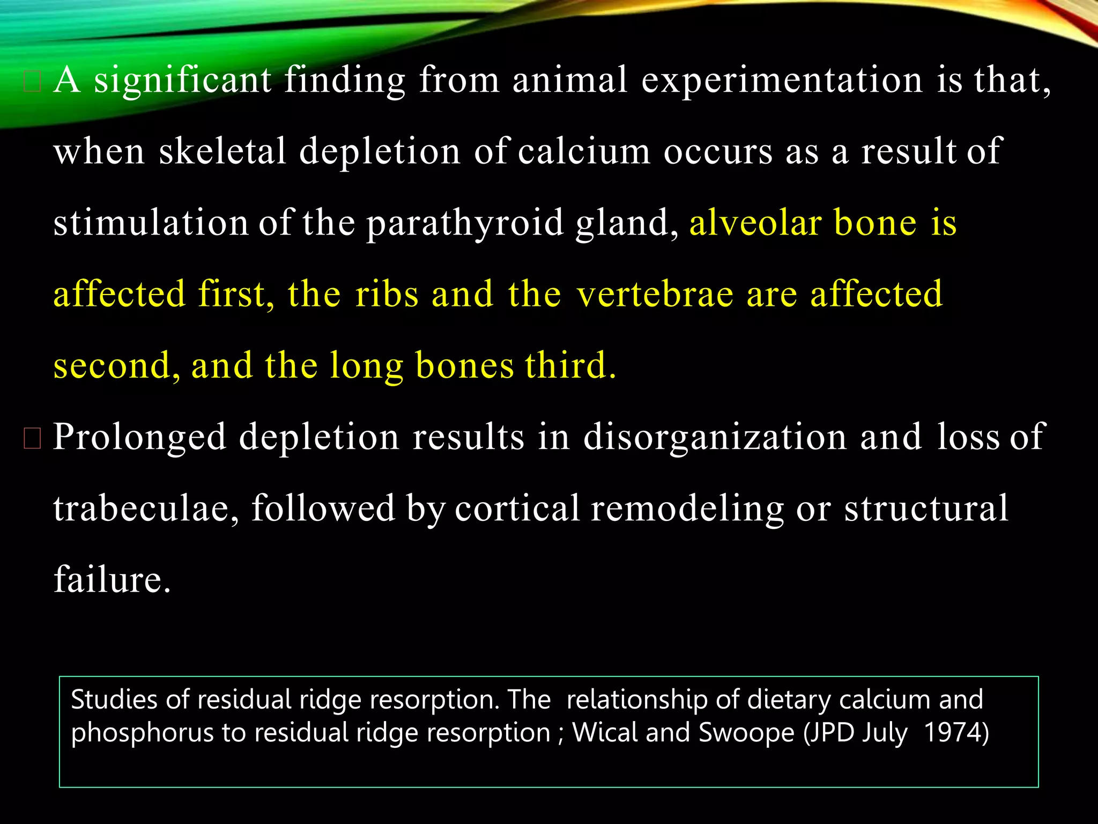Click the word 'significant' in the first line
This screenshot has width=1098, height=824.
(182, 80)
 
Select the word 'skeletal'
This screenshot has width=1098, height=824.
(222, 151)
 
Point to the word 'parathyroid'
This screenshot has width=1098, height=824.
(465, 223)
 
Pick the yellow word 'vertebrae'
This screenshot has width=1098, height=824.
(655, 294)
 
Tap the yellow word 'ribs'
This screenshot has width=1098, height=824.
(387, 294)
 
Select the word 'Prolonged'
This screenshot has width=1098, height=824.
(139, 437)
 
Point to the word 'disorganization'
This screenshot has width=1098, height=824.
(715, 437)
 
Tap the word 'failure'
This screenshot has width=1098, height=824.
(112, 579)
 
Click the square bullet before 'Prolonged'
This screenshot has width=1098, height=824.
(32, 438)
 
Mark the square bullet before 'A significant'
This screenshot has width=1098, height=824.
(32, 82)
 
